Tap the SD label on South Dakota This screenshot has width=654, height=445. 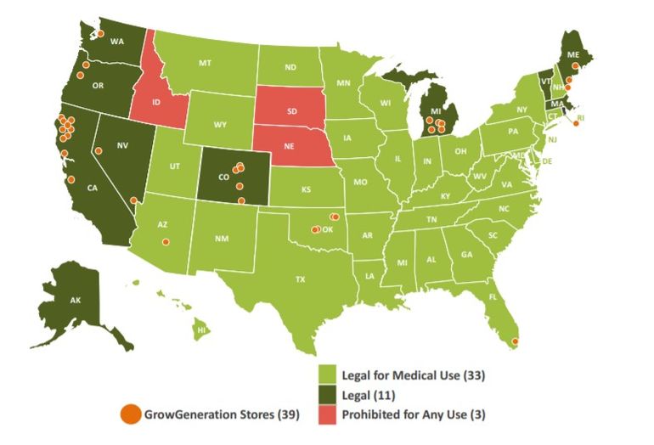click(292, 111)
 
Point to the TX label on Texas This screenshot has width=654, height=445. click(299, 279)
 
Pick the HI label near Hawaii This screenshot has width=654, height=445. click(202, 329)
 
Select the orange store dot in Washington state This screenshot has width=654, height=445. click(100, 33)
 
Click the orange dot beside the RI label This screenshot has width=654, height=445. click(576, 123)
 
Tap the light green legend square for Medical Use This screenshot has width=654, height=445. click(327, 374)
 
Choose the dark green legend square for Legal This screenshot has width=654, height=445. click(327, 394)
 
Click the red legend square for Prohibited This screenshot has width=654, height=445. click(327, 414)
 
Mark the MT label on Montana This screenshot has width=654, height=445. click(205, 64)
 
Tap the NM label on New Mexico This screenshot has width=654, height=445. click(222, 239)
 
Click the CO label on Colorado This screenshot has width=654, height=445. click(223, 177)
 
